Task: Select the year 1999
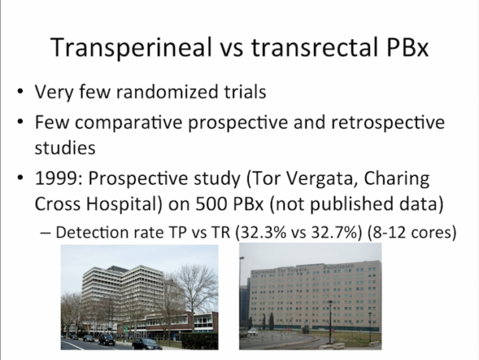(57, 179)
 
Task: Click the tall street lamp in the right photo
(331, 318)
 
